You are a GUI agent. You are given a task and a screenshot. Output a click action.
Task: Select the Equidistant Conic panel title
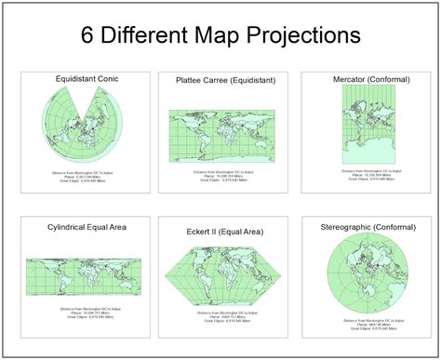(87, 79)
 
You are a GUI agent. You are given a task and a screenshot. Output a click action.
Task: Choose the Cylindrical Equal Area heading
(87, 226)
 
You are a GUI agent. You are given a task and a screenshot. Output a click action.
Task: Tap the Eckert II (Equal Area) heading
(221, 229)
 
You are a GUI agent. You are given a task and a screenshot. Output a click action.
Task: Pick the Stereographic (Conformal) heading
(366, 226)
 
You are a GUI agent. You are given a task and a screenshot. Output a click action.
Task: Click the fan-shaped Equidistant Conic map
(86, 126)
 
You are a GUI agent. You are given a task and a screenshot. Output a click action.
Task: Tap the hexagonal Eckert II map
(224, 274)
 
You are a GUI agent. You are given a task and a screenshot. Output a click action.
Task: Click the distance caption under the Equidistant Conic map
(87, 180)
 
